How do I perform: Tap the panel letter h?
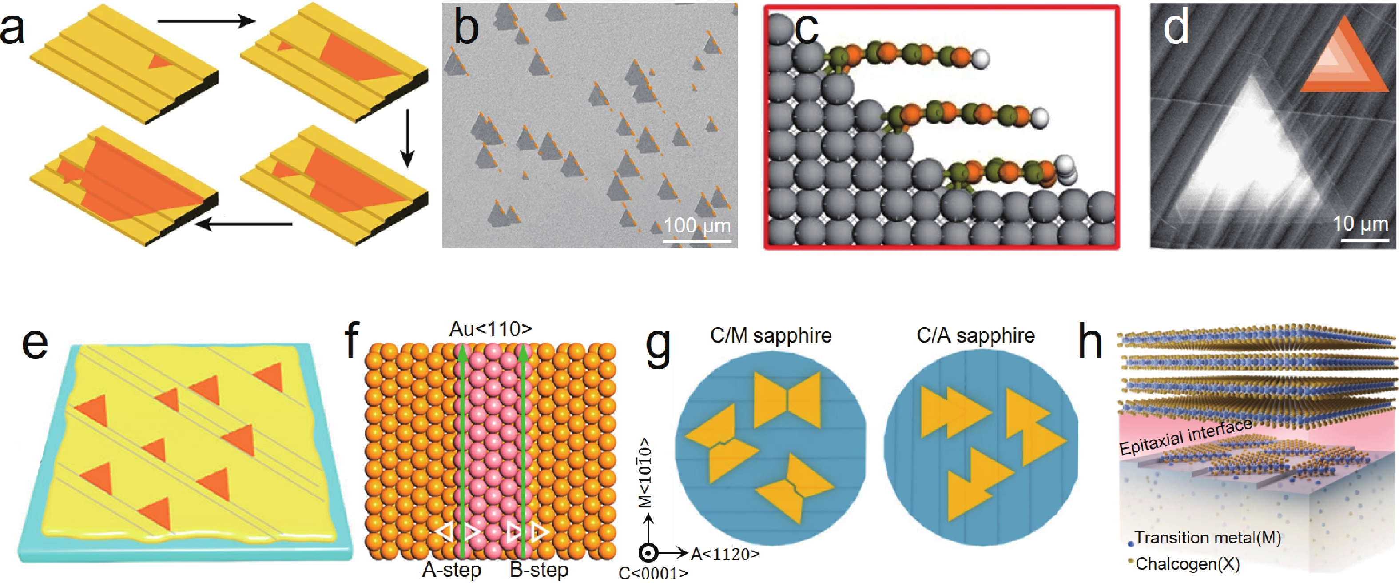click(x=1090, y=343)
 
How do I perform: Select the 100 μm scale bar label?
click(x=697, y=225)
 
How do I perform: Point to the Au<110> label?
click(x=490, y=329)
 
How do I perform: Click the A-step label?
click(x=452, y=570)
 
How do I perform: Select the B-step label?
click(x=539, y=570)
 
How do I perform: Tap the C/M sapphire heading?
click(x=771, y=335)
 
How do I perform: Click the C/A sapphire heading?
click(x=976, y=335)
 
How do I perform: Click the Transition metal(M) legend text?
click(x=1207, y=538)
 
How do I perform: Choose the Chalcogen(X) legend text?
click(x=1187, y=563)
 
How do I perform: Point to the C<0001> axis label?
click(x=653, y=573)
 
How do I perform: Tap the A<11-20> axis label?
click(x=724, y=554)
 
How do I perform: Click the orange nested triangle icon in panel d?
click(x=1343, y=61)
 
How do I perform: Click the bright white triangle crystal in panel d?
click(x=1260, y=158)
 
